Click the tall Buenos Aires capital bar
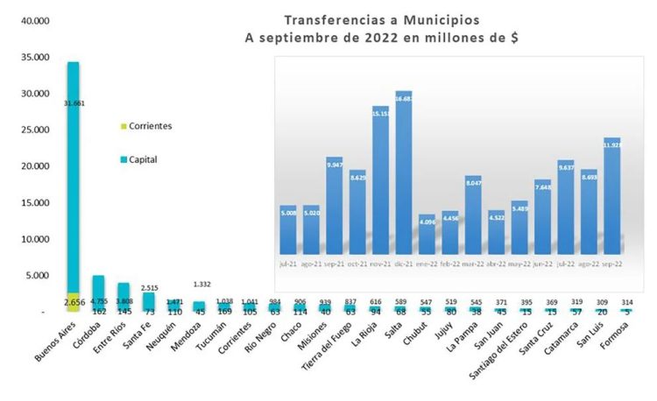point(73,175)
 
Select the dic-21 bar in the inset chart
point(403,171)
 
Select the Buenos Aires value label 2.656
point(73,302)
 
